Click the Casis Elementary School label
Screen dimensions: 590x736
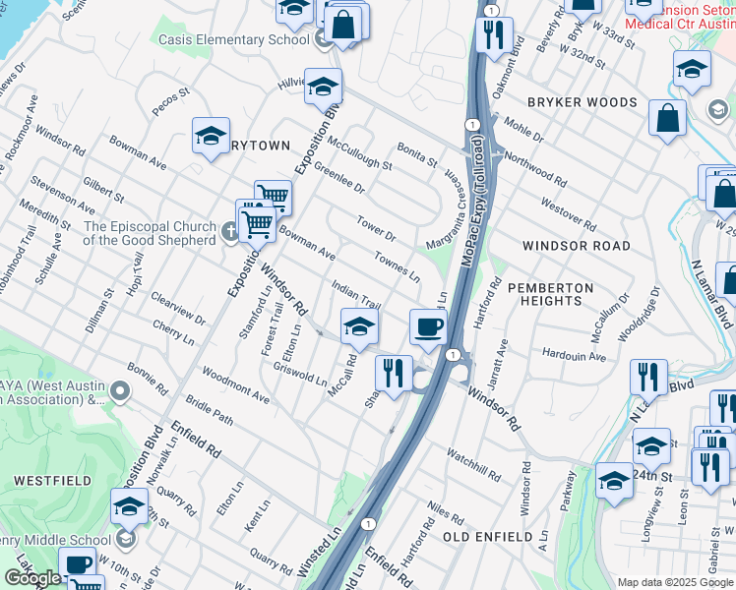(x=239, y=39)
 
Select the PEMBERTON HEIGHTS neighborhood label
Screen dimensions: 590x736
(x=550, y=297)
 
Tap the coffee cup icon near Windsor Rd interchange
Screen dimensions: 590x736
(x=428, y=327)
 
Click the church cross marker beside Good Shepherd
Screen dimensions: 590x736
(x=229, y=231)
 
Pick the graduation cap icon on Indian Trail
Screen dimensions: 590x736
(x=360, y=327)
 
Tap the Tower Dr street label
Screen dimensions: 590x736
(x=376, y=229)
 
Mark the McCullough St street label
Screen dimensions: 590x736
(x=359, y=153)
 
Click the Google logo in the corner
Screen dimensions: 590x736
(x=32, y=578)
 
